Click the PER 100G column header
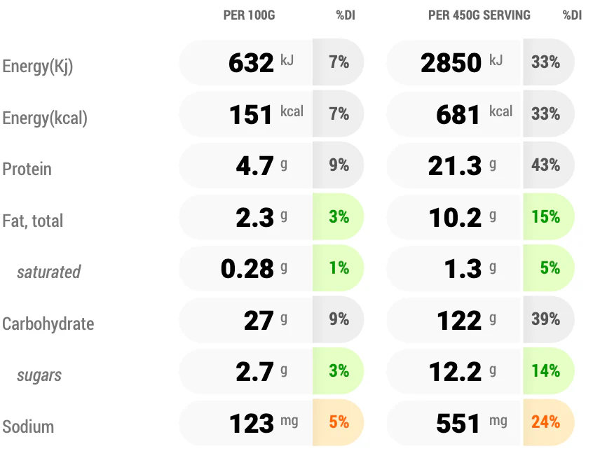click(249, 15)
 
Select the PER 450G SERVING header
click(479, 15)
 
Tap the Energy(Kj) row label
click(38, 67)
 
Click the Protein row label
click(27, 169)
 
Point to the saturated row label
click(48, 272)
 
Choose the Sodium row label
click(28, 426)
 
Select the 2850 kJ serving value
click(462, 62)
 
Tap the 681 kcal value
click(474, 114)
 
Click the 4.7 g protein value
click(261, 166)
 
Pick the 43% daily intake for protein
click(545, 165)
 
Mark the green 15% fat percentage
click(545, 216)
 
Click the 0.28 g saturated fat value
click(254, 268)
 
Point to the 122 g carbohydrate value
click(466, 320)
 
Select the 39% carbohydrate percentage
click(545, 319)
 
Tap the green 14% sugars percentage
click(545, 370)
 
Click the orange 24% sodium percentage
click(545, 422)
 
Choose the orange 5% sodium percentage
click(339, 422)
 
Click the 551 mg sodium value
click(472, 423)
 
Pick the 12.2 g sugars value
click(462, 371)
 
